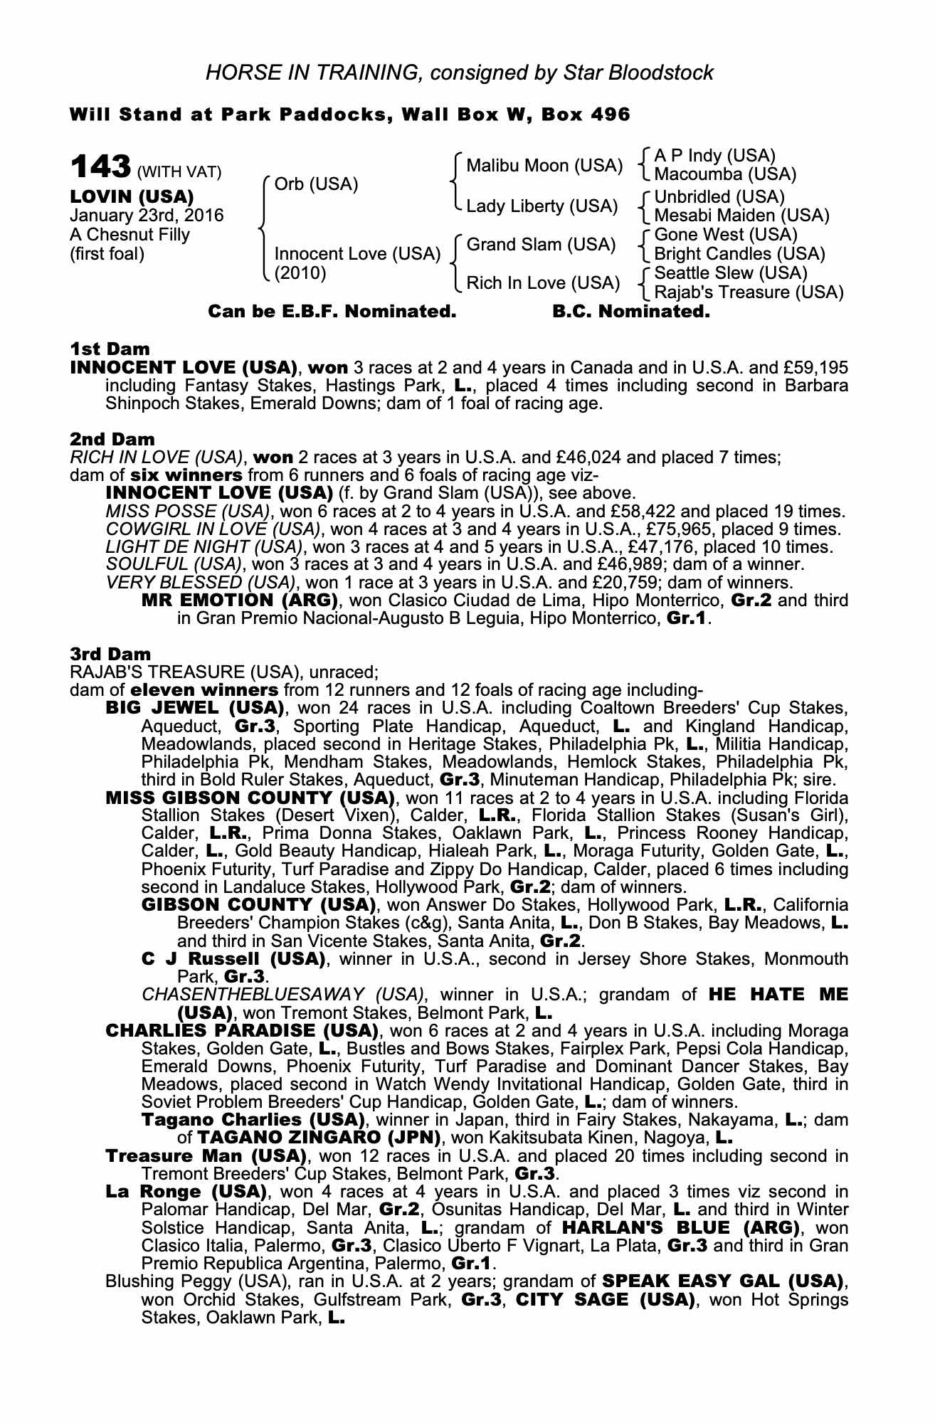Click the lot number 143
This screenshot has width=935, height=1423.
(100, 168)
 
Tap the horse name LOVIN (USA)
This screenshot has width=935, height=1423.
(132, 196)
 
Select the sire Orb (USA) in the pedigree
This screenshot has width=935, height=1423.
(316, 184)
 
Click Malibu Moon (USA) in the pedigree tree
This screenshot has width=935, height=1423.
(544, 166)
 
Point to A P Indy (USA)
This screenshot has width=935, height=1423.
(714, 155)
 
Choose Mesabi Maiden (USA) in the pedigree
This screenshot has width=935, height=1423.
(741, 215)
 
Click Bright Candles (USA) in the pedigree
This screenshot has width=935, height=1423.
(739, 254)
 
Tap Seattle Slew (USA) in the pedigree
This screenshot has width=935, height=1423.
(731, 273)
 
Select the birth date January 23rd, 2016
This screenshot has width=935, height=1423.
(147, 215)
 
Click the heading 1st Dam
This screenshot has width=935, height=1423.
(110, 349)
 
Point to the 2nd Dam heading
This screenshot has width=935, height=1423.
(112, 439)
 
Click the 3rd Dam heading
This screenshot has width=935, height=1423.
(111, 653)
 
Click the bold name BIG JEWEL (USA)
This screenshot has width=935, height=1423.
(195, 708)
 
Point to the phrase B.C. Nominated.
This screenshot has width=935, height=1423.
(631, 311)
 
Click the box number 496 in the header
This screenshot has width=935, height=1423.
(610, 114)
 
